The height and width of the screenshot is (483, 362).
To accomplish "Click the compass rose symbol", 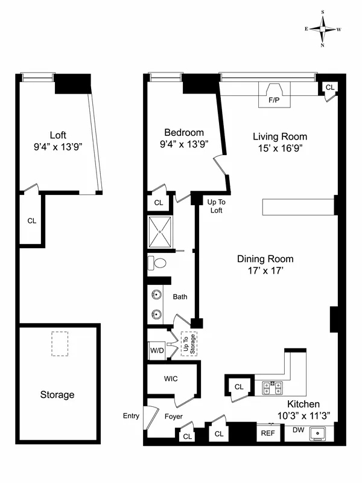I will pos(323,28).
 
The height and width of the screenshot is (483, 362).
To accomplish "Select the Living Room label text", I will pos(279,136).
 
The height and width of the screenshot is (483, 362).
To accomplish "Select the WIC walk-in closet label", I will pos(170,379).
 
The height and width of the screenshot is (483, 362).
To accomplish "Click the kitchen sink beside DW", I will pos(317,433).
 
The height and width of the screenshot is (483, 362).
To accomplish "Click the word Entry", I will pos(130,416).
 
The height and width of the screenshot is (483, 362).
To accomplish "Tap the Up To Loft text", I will pos(216,206).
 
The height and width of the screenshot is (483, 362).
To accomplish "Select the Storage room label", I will pos(57,395).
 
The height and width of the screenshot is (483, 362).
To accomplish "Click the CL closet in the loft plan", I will pos(31,220).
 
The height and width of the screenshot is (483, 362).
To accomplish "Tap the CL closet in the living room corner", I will pos(329,88).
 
